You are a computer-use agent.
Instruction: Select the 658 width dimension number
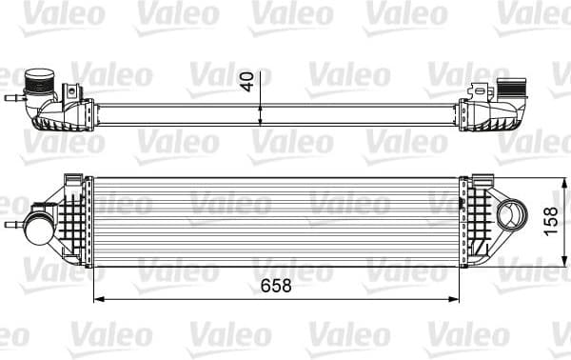pos(271,286)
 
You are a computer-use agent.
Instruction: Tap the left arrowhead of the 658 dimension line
pos(97,299)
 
